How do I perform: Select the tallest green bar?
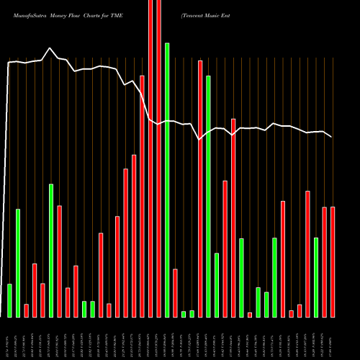pyautogui.click(x=167, y=180)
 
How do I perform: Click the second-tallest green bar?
pyautogui.click(x=208, y=196)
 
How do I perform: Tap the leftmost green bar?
pyautogui.click(x=9, y=300)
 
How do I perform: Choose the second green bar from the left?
pyautogui.click(x=18, y=263)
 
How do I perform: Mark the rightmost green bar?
pyautogui.click(x=316, y=277)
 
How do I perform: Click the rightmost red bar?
pyautogui.click(x=333, y=262)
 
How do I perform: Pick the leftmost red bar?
pyautogui.click(x=26, y=310)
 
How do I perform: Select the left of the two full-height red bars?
pyautogui.click(x=150, y=158)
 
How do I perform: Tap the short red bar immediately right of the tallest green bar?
pyautogui.click(x=175, y=293)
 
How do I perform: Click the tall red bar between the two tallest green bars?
pyautogui.click(x=200, y=189)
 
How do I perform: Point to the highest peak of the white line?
pyautogui.click(x=50, y=48)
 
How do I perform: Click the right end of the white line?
pyautogui.click(x=332, y=137)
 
